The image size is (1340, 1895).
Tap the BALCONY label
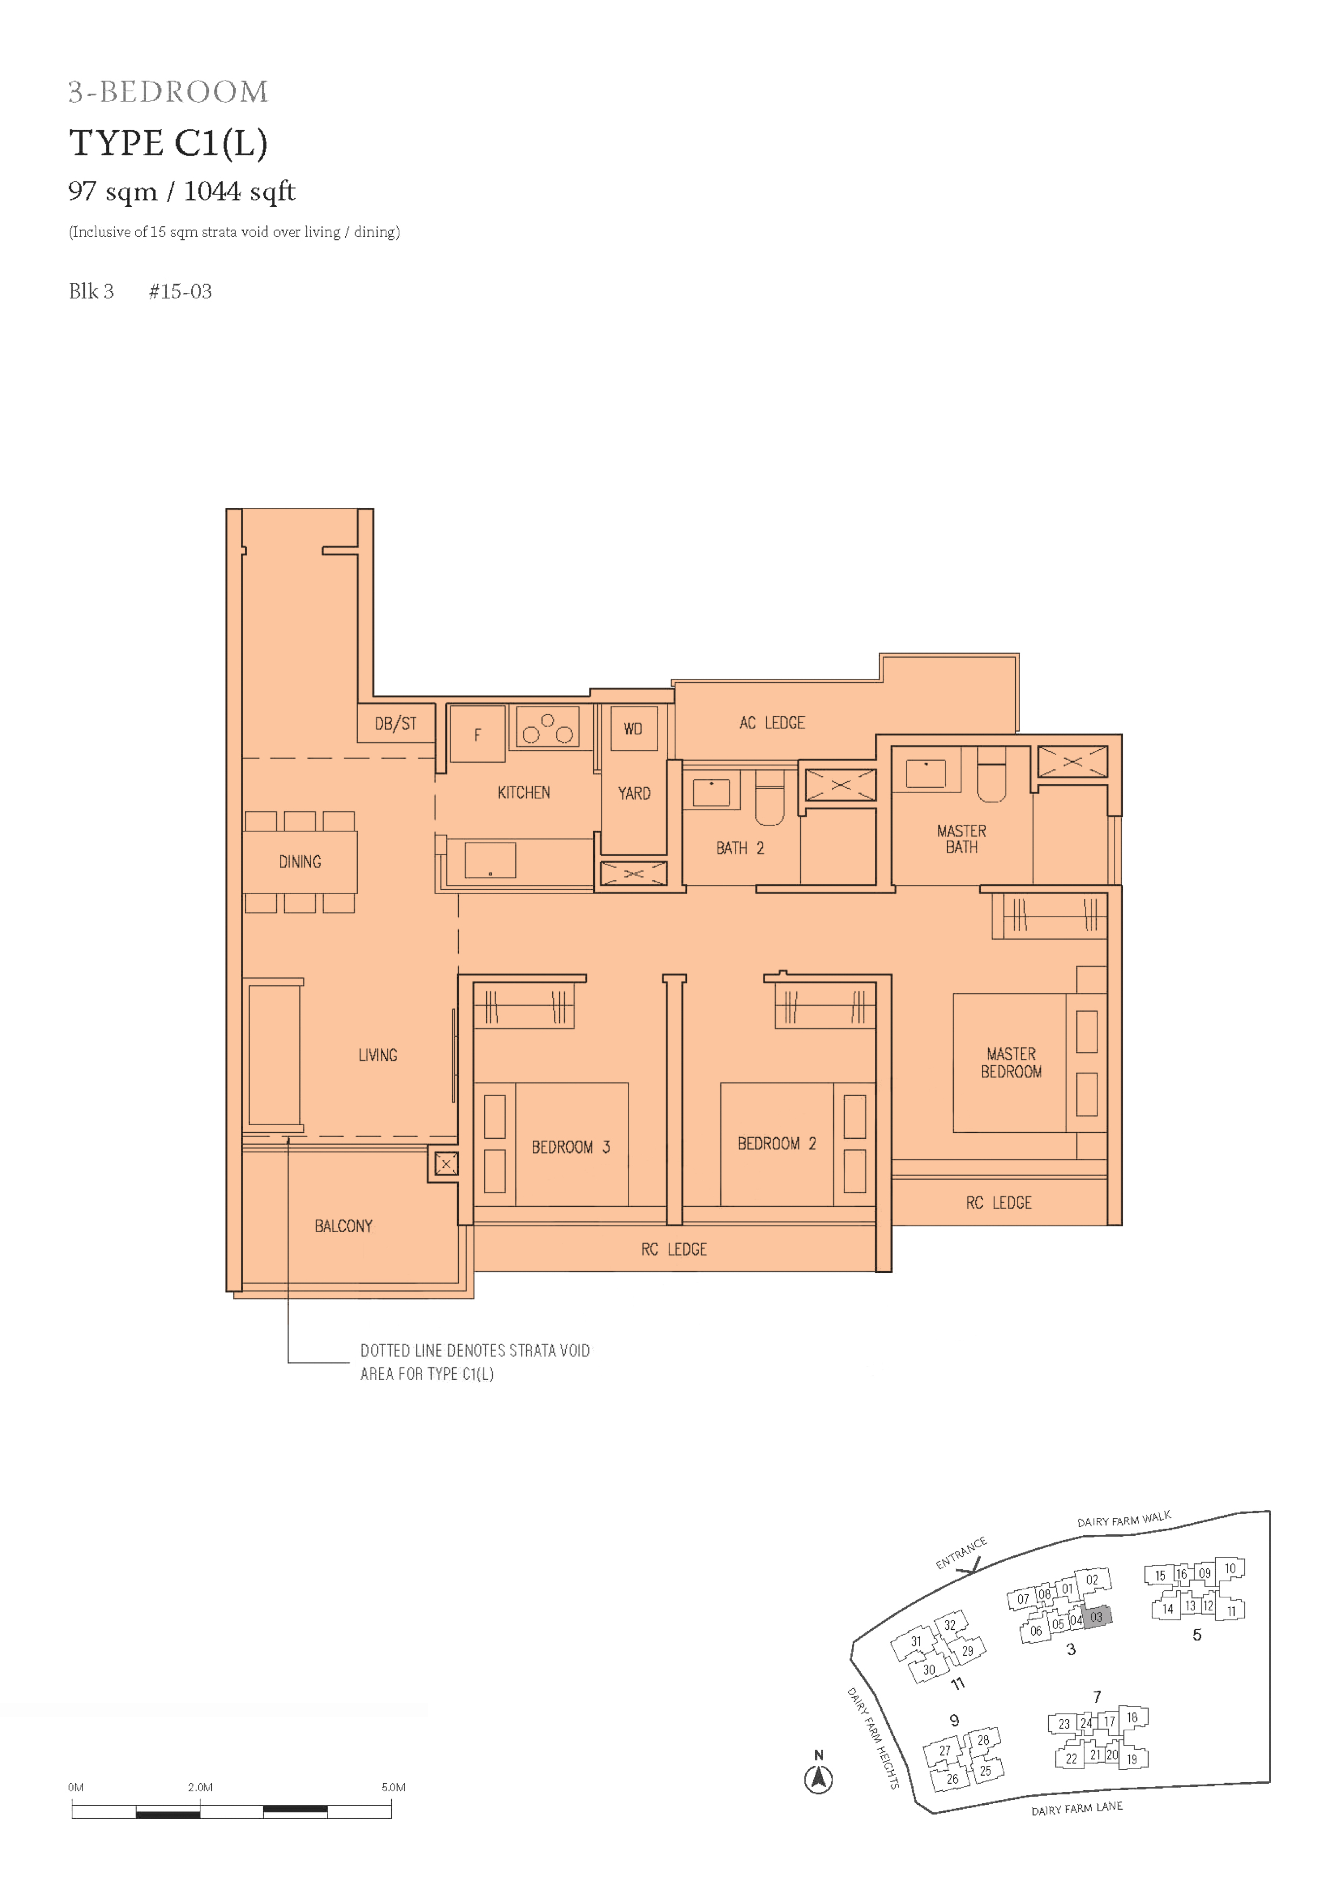point(344,1226)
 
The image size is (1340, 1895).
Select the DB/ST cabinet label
point(396,724)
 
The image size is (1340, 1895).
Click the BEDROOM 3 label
point(571,1147)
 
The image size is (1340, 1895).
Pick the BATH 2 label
point(740,849)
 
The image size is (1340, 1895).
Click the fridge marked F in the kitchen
point(477,733)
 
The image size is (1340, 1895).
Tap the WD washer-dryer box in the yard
point(633,728)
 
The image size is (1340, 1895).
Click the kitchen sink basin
point(491,861)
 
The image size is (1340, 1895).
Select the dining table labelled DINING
point(300,862)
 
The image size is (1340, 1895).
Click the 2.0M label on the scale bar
point(200,1788)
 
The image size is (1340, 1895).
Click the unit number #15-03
point(180,291)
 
